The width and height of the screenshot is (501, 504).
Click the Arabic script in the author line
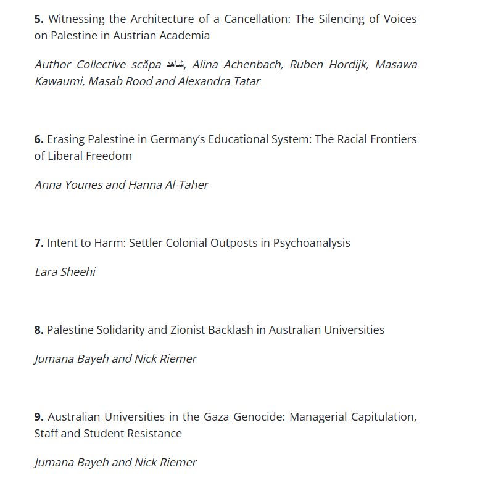(x=174, y=65)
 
